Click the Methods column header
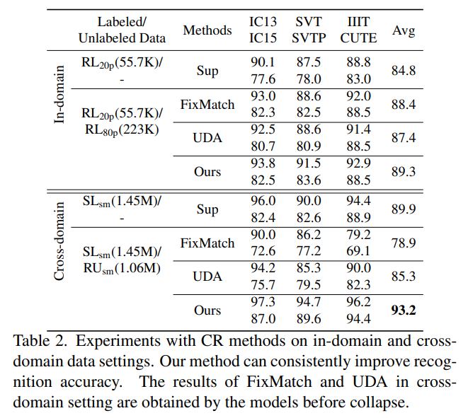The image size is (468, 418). pos(207,30)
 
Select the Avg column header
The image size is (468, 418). pos(404,30)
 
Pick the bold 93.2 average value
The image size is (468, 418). pos(404,310)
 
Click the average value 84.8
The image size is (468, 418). pos(404,71)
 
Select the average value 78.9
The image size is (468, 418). pos(404,243)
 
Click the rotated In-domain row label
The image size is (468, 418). pos(59,94)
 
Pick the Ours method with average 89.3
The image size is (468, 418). pos(207,171)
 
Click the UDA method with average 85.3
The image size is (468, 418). pos(207,277)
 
